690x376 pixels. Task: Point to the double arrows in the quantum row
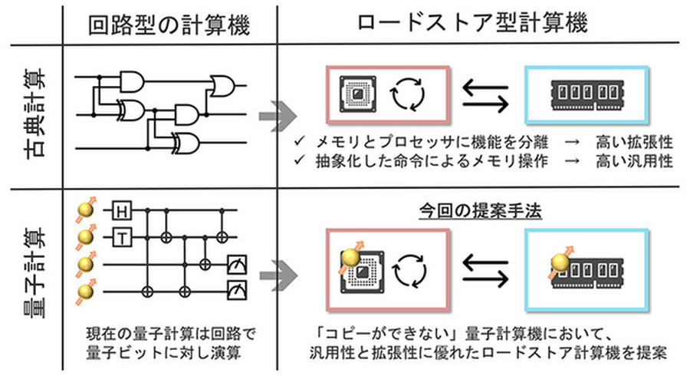pos(485,270)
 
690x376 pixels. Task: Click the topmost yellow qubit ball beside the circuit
pos(85,209)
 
